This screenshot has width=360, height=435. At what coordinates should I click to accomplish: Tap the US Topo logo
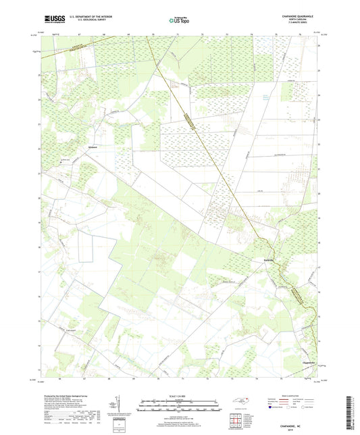[x=180, y=20]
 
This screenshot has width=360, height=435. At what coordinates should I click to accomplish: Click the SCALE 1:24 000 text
[x=180, y=395]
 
